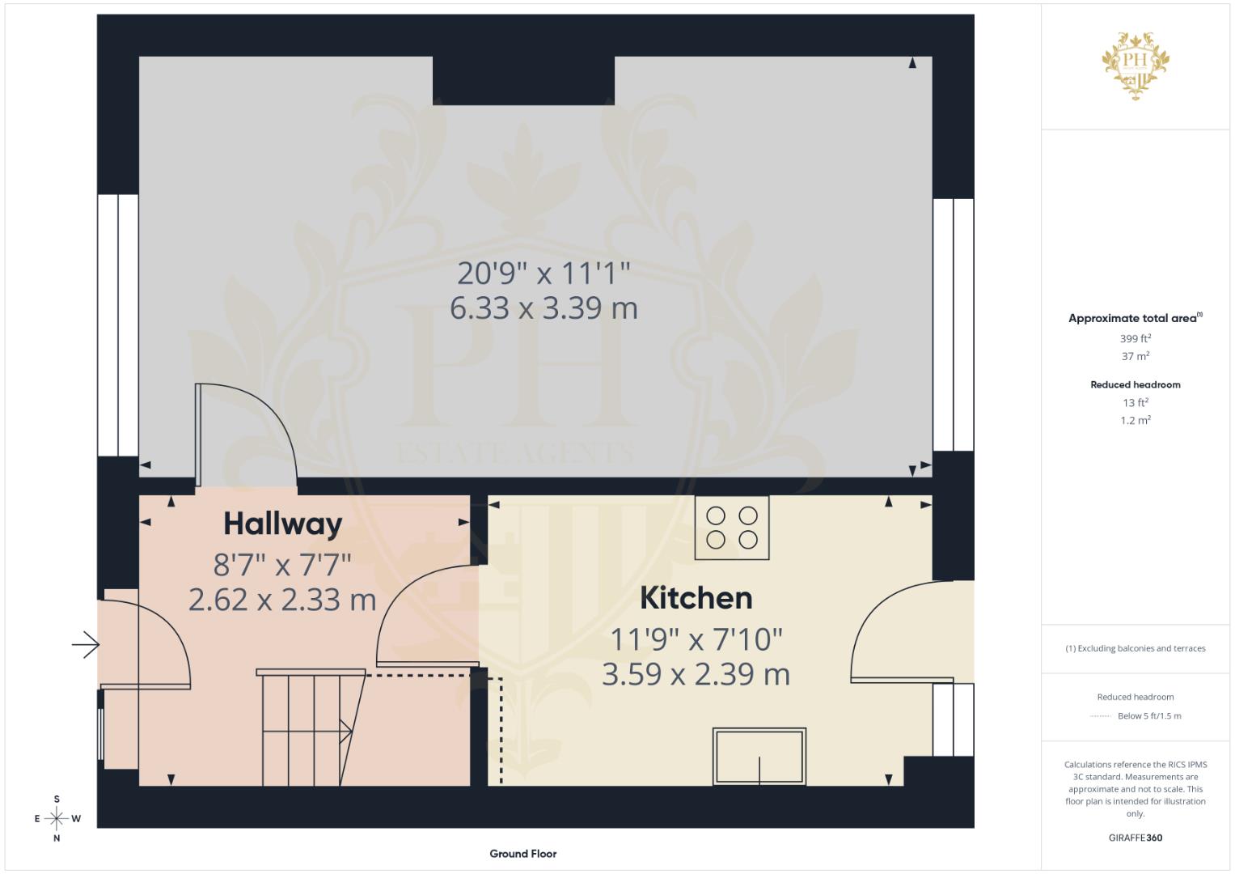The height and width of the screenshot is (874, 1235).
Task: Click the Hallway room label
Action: [283, 524]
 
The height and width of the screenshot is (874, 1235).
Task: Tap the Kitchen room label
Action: [696, 598]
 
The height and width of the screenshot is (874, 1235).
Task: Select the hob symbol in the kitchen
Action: [732, 528]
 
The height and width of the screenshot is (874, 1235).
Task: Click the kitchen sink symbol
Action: [759, 756]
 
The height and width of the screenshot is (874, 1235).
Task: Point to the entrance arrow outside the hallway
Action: [86, 644]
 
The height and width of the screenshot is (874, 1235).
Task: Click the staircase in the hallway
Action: [311, 727]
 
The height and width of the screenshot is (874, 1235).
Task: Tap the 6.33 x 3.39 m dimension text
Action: [543, 308]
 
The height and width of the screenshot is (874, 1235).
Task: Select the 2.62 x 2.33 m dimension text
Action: [282, 600]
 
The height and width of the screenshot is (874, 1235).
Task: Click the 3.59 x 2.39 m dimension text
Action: [696, 674]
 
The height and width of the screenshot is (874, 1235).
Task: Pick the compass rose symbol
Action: [57, 818]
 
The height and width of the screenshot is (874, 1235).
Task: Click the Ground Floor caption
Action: [523, 854]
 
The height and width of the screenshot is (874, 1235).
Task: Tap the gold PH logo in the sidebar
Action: [1136, 66]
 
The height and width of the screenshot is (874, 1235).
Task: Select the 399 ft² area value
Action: [1136, 338]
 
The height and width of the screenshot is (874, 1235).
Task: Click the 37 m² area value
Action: [1136, 356]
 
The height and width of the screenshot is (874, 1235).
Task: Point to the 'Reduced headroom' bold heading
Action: [1136, 384]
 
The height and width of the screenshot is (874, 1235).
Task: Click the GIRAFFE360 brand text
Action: [1136, 838]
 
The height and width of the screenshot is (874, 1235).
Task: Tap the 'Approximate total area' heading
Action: [1136, 318]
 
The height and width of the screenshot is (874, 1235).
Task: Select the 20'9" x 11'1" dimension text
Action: [543, 274]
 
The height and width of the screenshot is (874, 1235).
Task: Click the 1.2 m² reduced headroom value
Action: [1136, 420]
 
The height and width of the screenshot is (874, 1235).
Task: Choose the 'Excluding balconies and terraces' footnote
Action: [1136, 648]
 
